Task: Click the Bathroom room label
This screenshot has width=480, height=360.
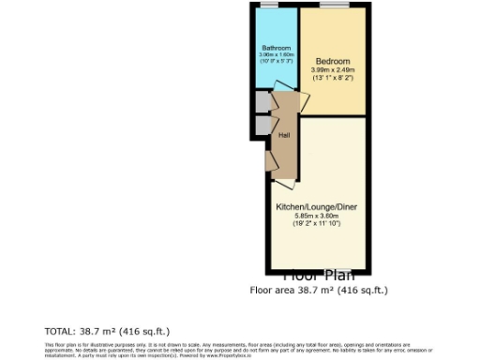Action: pos(276,48)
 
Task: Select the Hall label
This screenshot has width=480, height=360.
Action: pos(283,134)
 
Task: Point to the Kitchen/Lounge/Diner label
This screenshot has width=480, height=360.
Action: pos(316,206)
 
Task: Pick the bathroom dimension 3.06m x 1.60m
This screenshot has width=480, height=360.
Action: pos(276,54)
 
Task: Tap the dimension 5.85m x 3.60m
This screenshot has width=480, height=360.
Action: pos(316,215)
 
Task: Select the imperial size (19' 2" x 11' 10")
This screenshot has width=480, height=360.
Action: pos(316,223)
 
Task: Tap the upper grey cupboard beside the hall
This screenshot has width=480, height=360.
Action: pos(261,101)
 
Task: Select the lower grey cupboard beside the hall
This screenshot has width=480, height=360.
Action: pos(261,127)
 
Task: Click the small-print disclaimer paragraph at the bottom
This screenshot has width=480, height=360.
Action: pos(239,351)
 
